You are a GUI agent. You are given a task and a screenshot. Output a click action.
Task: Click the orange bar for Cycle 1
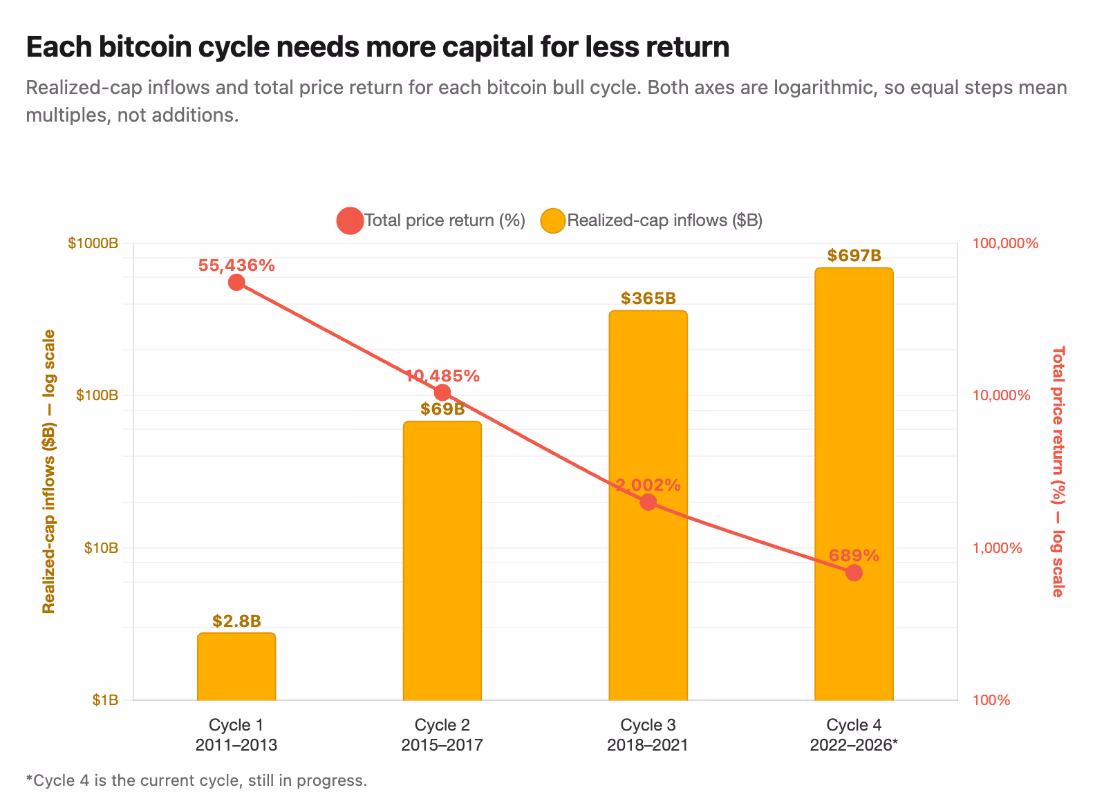236,667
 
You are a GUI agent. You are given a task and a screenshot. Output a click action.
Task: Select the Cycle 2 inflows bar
442,561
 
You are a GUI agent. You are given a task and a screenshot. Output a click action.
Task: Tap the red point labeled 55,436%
236,283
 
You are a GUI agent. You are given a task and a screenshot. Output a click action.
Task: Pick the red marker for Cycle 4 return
854,573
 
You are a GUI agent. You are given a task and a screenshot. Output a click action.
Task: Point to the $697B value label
854,256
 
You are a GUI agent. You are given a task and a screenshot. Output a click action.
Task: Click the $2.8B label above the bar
236,621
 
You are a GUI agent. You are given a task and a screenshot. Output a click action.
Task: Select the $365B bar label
648,298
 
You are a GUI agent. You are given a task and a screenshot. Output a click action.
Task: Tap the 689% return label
854,555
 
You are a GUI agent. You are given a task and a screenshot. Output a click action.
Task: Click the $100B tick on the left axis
97,395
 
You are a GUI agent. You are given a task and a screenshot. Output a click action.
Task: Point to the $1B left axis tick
105,700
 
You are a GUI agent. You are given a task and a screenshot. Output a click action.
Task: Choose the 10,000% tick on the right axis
1001,395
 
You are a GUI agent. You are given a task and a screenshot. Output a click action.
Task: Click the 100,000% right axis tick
1005,243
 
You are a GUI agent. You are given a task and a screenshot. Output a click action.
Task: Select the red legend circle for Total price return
350,220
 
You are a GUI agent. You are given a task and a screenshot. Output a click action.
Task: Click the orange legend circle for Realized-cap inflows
553,220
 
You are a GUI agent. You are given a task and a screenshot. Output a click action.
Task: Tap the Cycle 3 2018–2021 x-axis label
648,735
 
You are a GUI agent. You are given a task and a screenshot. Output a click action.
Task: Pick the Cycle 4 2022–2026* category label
854,735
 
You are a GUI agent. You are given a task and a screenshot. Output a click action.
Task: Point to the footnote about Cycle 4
197,780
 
